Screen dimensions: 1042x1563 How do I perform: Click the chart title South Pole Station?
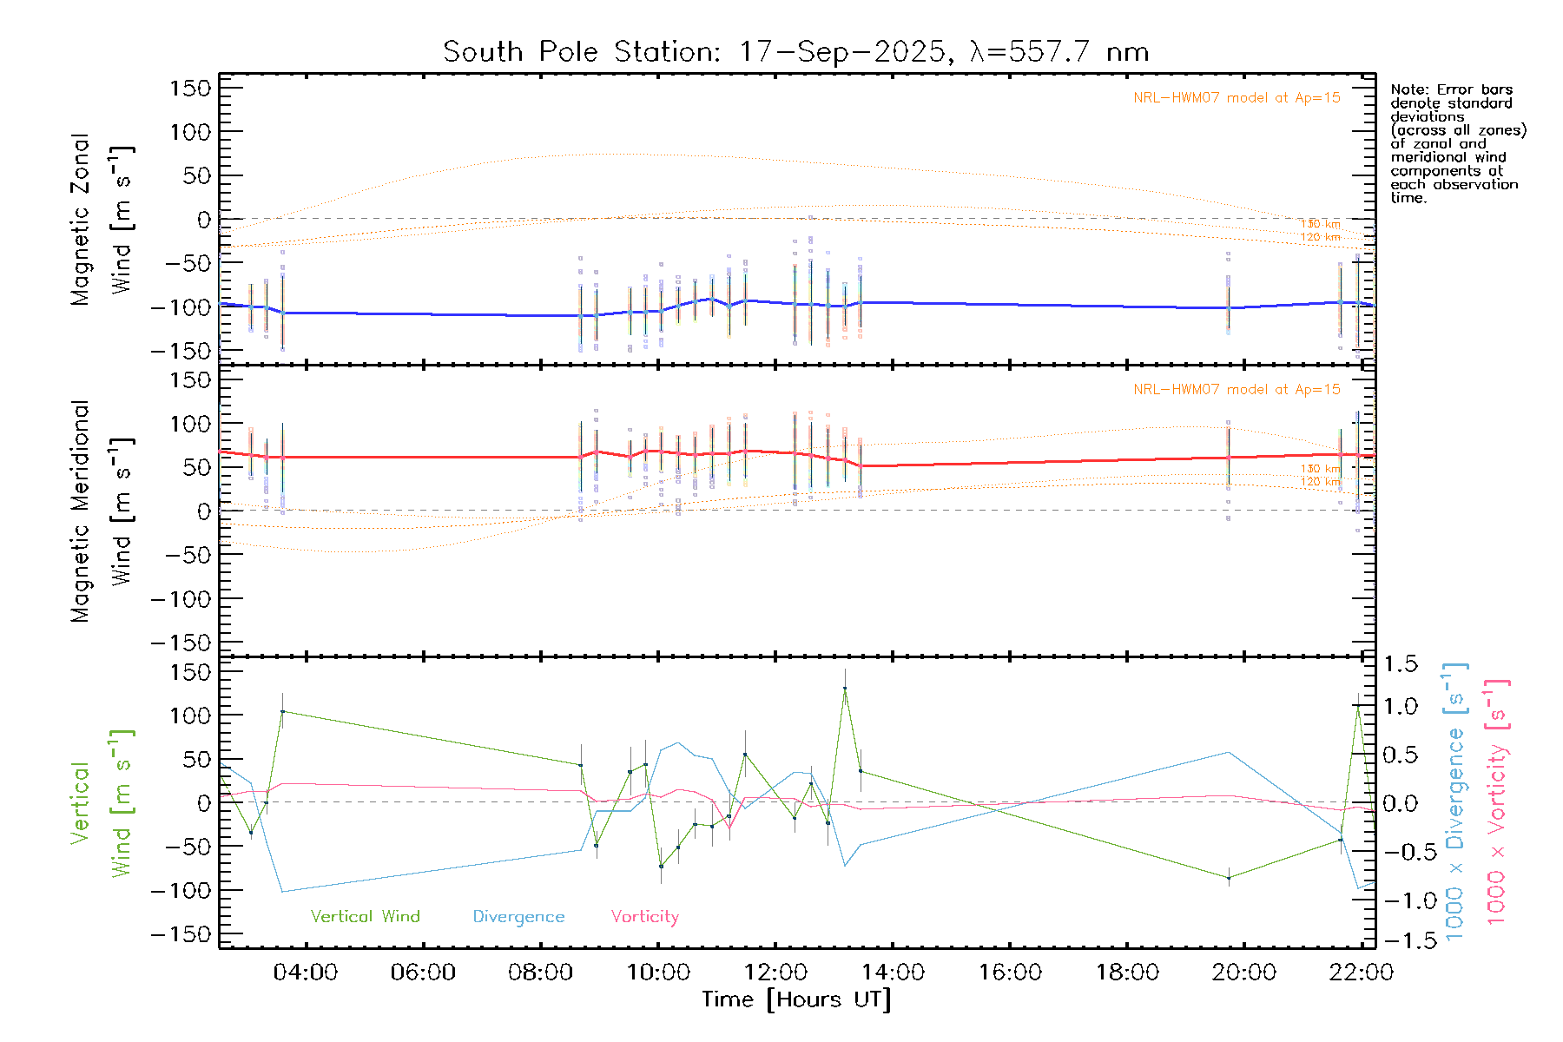click(795, 52)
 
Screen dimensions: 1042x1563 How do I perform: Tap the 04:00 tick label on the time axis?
click(306, 973)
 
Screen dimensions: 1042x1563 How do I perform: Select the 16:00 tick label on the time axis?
click(1010, 973)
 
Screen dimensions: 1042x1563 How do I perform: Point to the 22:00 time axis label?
click(1361, 973)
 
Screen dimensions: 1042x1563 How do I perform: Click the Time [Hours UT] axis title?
click(795, 999)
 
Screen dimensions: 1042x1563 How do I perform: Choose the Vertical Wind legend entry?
click(365, 916)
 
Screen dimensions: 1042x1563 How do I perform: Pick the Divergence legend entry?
click(518, 916)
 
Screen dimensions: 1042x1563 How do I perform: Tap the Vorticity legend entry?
click(644, 916)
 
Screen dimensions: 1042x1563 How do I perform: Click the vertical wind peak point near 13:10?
click(845, 689)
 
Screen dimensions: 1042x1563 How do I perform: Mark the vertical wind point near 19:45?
click(1229, 878)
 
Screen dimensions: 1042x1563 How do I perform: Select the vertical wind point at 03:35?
click(282, 712)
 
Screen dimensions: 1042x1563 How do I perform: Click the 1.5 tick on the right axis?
click(1401, 664)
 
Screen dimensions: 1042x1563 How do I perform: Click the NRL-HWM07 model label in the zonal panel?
click(1237, 98)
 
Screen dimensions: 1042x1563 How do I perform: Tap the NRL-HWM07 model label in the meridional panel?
click(1237, 390)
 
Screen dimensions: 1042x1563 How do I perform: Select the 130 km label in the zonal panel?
click(1320, 224)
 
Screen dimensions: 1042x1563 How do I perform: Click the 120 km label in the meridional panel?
click(1320, 481)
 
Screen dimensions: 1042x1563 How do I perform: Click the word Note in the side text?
click(1407, 89)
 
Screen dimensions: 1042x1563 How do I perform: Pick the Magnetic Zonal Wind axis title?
click(102, 219)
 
